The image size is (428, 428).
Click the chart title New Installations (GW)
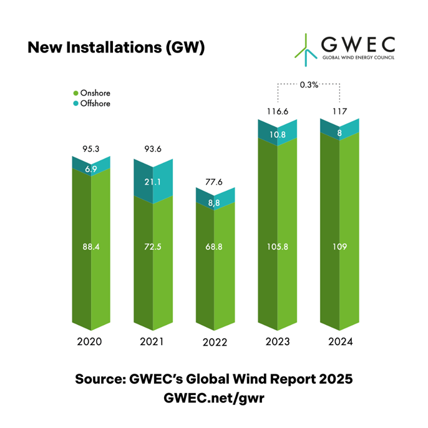(116, 47)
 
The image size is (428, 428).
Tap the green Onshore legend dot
(76, 93)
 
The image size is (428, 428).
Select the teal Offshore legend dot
(76, 104)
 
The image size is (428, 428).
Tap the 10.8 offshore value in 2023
(278, 135)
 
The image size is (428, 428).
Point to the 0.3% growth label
(309, 85)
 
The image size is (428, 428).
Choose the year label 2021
(152, 343)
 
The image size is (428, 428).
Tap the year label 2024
(339, 343)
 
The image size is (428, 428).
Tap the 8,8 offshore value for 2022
(216, 202)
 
